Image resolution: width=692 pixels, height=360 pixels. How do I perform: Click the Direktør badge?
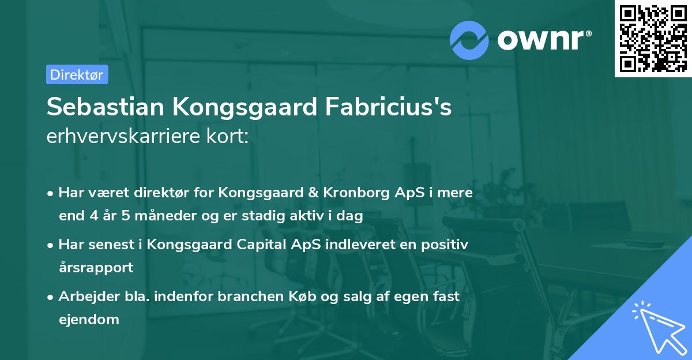coord(77,74)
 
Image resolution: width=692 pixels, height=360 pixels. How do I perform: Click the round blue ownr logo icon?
coord(469,40)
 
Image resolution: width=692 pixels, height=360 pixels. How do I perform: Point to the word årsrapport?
coord(96,268)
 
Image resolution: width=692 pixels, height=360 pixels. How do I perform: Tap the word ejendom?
coord(89,319)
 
